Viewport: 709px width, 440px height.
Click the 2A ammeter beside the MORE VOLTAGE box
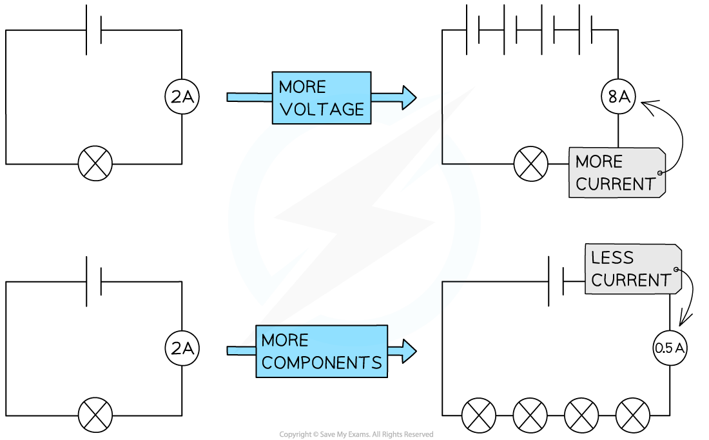click(182, 97)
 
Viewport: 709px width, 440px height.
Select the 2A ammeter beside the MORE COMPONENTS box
click(182, 349)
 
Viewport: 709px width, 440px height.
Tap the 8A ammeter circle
click(618, 97)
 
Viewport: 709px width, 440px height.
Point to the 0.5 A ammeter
click(670, 348)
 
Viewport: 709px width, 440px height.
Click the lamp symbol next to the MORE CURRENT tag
click(530, 164)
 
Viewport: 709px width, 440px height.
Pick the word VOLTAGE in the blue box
click(322, 110)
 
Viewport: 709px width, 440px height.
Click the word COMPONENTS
click(322, 363)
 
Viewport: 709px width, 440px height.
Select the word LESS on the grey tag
click(612, 258)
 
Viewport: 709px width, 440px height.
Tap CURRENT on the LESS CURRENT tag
click(632, 281)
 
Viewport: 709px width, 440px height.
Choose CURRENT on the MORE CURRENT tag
click(616, 185)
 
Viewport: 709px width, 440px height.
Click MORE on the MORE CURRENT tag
click(599, 161)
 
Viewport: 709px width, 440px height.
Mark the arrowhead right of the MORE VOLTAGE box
click(409, 97)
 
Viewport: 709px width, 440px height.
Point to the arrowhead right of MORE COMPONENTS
click(409, 351)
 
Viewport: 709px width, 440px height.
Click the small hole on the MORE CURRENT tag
click(661, 173)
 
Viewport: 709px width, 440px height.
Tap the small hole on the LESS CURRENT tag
click(676, 270)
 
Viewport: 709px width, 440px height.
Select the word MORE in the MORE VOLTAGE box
click(302, 87)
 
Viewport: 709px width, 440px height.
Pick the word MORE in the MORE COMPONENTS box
click(285, 340)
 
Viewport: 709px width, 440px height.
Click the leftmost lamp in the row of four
click(479, 415)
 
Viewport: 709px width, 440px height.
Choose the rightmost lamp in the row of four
click(632, 415)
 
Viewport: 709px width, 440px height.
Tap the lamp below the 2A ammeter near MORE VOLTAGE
click(95, 164)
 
